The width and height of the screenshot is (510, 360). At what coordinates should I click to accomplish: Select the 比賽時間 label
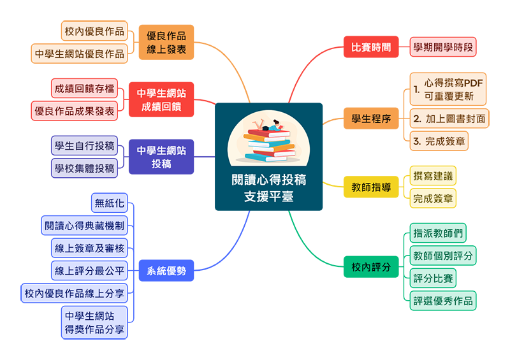[x=371, y=48]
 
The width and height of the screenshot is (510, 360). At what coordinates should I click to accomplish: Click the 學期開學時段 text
[x=443, y=48]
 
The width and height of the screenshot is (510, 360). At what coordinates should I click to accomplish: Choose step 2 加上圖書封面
[x=449, y=119]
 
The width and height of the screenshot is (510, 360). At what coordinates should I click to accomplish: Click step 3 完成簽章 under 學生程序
[x=439, y=141]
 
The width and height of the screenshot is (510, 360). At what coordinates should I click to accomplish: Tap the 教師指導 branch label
[x=371, y=187]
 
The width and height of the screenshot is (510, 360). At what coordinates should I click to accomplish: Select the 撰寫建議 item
[x=433, y=176]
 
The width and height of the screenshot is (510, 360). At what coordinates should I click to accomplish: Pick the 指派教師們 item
[x=438, y=233]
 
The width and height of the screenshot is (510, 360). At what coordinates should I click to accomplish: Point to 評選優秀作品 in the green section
[x=443, y=301]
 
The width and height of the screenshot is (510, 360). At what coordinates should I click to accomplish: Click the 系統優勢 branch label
[x=166, y=271]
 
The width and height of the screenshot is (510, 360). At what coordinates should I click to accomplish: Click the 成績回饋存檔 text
[x=84, y=89]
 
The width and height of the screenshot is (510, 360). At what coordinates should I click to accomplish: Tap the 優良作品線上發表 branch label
[x=166, y=42]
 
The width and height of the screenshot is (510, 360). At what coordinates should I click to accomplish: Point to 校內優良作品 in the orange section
[x=94, y=31]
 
